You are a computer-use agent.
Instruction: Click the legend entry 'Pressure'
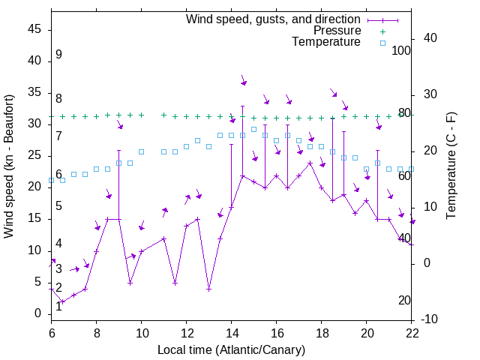[x=337, y=31]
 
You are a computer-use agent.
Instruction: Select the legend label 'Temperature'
[x=326, y=42]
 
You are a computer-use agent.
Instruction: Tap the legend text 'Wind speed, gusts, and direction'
[x=273, y=19]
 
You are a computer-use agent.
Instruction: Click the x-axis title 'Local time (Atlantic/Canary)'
[x=231, y=350]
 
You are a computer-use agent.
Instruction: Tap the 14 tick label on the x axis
[x=231, y=334]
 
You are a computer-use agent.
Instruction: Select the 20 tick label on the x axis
[x=366, y=334]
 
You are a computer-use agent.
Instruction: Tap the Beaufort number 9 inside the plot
[x=58, y=55]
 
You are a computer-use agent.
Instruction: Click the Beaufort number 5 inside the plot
[x=58, y=206]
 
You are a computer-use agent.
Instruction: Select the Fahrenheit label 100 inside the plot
[x=401, y=51]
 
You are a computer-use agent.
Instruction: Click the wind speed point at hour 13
[x=208, y=289]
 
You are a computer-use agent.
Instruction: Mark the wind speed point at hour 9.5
[x=130, y=283]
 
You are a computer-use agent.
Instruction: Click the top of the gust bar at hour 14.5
[x=242, y=106]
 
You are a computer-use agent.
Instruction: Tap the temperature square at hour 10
[x=141, y=151]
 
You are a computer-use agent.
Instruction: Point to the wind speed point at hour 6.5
[x=62, y=301]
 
